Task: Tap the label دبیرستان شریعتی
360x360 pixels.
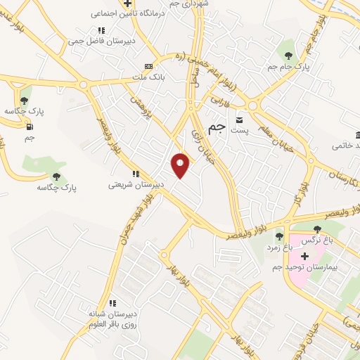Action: pyautogui.click(x=136, y=184)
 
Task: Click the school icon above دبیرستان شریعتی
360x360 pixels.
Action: pyautogui.click(x=136, y=174)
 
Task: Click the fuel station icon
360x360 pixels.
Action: pyautogui.click(x=29, y=127)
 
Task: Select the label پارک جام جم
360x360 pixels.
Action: pyautogui.click(x=288, y=66)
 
